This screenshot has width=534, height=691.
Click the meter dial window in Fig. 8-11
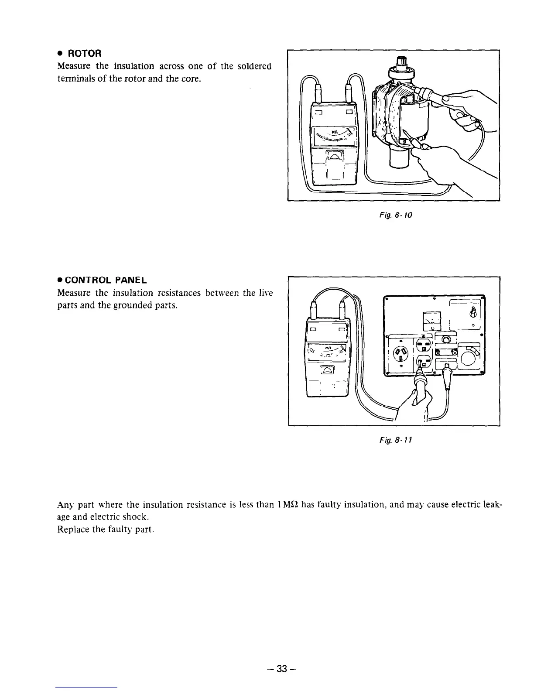coord(328,350)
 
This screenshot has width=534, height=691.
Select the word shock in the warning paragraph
coord(135,517)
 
